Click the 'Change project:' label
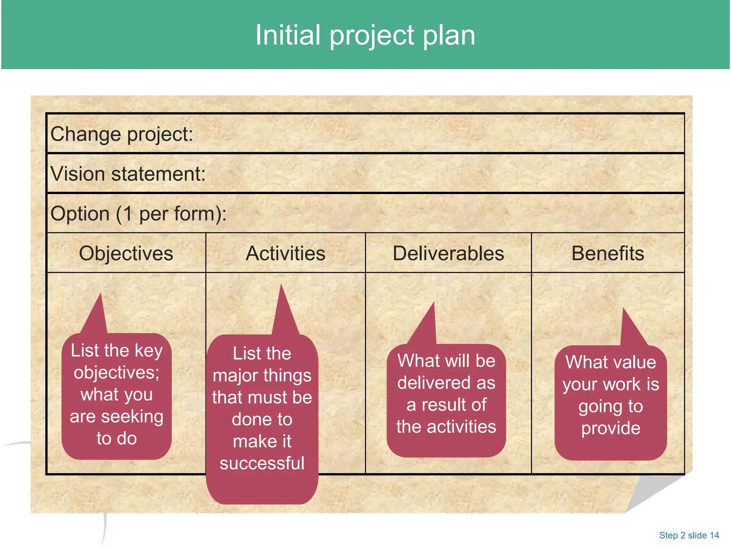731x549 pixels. pyautogui.click(x=122, y=134)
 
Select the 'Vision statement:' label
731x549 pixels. pyautogui.click(x=128, y=174)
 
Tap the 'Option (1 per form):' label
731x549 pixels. pyautogui.click(x=138, y=214)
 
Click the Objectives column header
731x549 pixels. pyautogui.click(x=126, y=253)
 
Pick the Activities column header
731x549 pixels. pyautogui.click(x=285, y=253)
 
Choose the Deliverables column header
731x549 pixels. pyautogui.click(x=448, y=253)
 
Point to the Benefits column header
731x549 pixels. pyautogui.click(x=608, y=253)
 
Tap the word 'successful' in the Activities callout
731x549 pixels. pyautogui.click(x=262, y=463)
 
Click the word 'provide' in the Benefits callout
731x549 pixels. pyautogui.click(x=611, y=428)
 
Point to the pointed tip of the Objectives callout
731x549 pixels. pyautogui.click(x=101, y=294)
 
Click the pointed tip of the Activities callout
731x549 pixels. pyautogui.click(x=281, y=285)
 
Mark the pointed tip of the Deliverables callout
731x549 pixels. pyautogui.click(x=434, y=303)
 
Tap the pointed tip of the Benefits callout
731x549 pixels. pyautogui.click(x=624, y=308)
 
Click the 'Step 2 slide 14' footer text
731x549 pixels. pyautogui.click(x=689, y=535)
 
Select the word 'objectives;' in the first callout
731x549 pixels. pyautogui.click(x=117, y=373)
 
